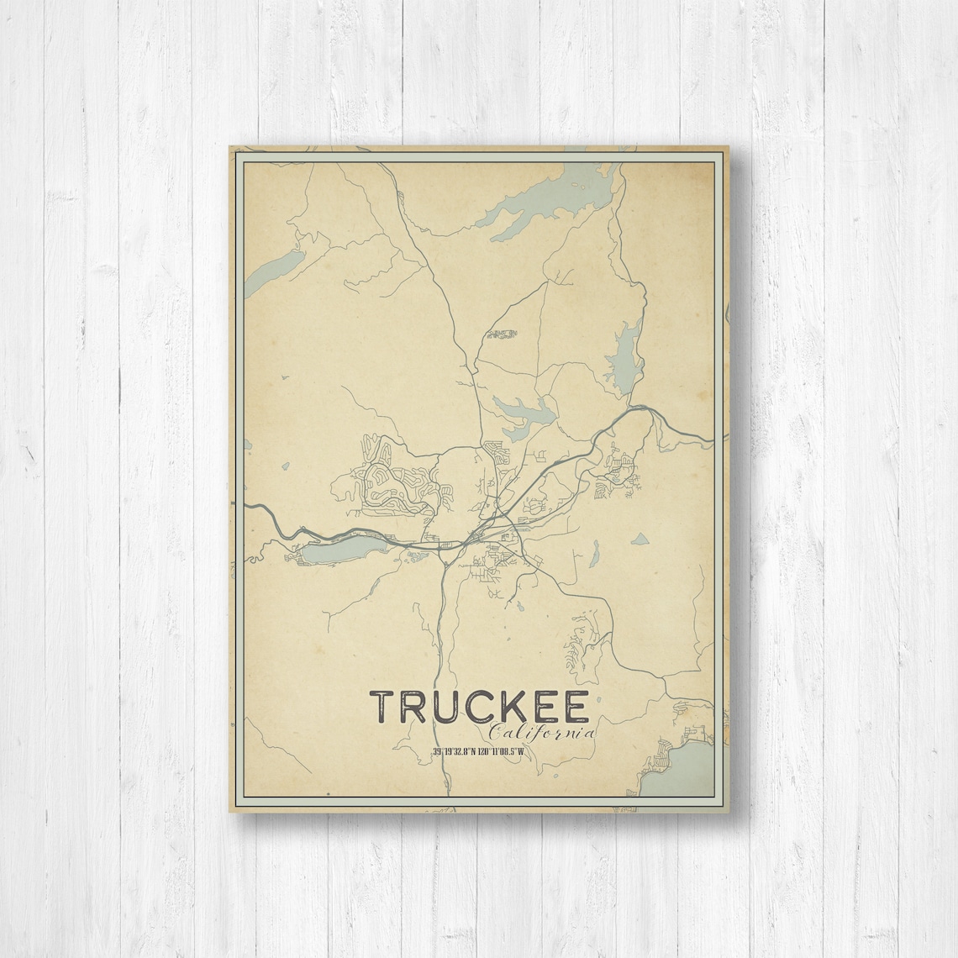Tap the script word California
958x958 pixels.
tap(537, 734)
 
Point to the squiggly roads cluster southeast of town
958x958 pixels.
tap(580, 643)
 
